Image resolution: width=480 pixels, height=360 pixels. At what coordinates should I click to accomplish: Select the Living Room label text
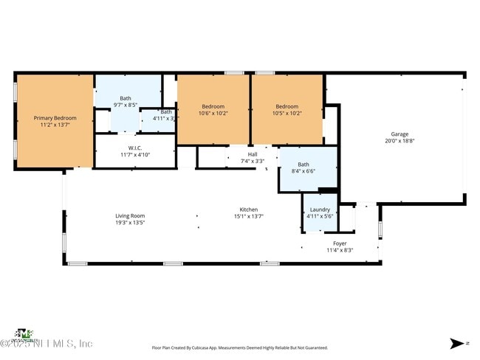pyautogui.click(x=129, y=215)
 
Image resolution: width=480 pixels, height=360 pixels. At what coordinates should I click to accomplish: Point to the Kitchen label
pyautogui.click(x=248, y=210)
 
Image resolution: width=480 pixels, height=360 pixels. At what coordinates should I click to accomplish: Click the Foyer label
pyautogui.click(x=340, y=243)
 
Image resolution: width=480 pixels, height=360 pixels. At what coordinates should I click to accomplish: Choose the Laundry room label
pyautogui.click(x=319, y=210)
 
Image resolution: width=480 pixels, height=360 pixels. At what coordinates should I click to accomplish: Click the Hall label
pyautogui.click(x=253, y=154)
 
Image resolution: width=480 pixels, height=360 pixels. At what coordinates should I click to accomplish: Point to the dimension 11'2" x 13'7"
pyautogui.click(x=55, y=125)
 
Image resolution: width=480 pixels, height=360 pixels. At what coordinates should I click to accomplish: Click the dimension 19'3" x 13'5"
pyautogui.click(x=129, y=222)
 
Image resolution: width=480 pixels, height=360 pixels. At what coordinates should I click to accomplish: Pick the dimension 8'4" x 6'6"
pyautogui.click(x=304, y=171)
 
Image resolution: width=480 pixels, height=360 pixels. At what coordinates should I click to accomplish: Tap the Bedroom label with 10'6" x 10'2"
pyautogui.click(x=213, y=106)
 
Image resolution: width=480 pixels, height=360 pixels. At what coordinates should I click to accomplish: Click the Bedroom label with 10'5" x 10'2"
pyautogui.click(x=287, y=106)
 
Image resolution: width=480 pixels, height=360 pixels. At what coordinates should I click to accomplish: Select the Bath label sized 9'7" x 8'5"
pyautogui.click(x=126, y=98)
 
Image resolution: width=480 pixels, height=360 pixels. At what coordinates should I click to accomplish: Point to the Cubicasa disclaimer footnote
pyautogui.click(x=239, y=347)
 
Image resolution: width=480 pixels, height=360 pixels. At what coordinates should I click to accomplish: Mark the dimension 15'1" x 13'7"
pyautogui.click(x=248, y=216)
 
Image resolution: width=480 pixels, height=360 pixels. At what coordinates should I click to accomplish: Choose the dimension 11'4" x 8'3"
pyautogui.click(x=340, y=250)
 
